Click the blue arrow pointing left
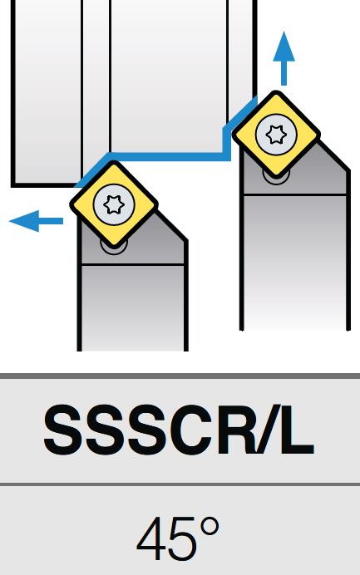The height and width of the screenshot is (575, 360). [36, 221]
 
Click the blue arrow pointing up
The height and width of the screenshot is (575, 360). [284, 59]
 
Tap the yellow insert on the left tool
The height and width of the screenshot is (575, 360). [114, 204]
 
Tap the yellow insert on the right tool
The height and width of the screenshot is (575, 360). [276, 135]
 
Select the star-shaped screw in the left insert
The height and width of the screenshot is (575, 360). [114, 204]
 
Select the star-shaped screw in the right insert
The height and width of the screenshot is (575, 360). [276, 135]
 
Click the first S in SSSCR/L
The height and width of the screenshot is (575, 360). [62, 430]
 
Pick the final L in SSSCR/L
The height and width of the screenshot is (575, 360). [298, 430]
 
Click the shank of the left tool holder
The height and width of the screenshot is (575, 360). [132, 307]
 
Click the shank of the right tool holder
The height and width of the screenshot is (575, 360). [294, 263]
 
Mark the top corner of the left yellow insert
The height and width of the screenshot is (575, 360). [115, 161]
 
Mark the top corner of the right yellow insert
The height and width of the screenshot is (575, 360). [276, 91]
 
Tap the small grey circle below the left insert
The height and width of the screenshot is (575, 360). [114, 248]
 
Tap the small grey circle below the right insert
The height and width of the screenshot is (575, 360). [276, 178]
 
